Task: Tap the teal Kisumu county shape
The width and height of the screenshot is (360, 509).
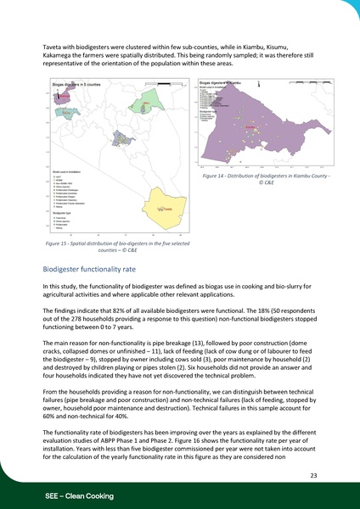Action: pyautogui.click(x=65, y=114)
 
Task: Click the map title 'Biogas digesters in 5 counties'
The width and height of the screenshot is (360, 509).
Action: pyautogui.click(x=78, y=86)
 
